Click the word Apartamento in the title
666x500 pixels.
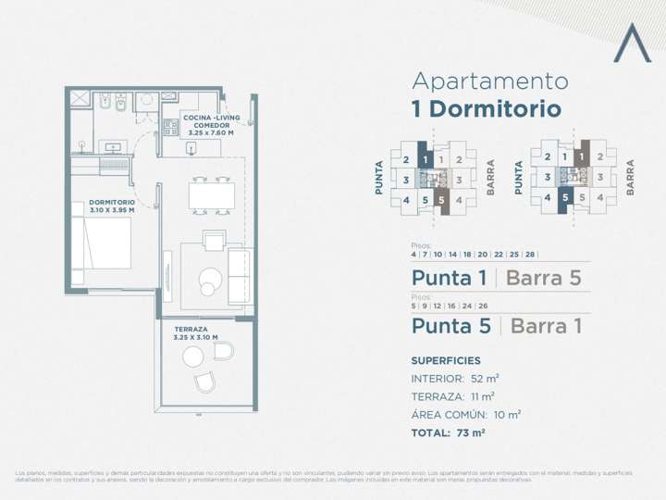(489, 81)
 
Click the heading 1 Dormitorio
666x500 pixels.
(486, 109)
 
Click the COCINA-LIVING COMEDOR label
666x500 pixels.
(211, 125)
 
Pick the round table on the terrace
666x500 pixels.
(192, 357)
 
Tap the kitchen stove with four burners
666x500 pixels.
(171, 128)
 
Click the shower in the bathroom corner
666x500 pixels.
(80, 99)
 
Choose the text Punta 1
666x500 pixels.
(449, 278)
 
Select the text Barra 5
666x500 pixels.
(544, 278)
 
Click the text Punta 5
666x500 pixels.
(450, 326)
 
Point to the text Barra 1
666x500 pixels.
(546, 326)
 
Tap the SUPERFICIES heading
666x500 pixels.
(445, 360)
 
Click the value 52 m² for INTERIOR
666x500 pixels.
(486, 379)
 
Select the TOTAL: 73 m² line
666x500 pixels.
(449, 432)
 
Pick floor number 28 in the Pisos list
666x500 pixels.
(529, 254)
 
